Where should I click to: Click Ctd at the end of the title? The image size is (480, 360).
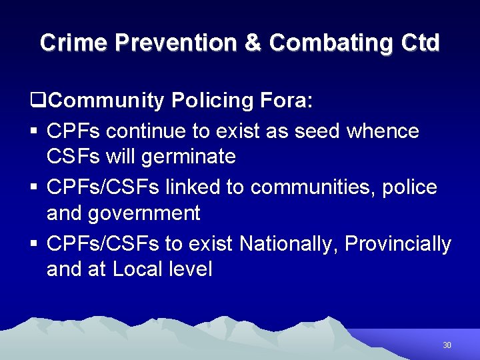coord(421,43)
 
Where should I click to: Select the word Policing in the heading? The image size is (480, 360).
coord(211,101)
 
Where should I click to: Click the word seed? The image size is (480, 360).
coord(314,131)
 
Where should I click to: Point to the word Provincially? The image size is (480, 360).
coord(399,244)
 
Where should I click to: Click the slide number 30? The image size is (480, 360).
coord(447,345)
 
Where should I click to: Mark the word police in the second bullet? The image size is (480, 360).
coord(409,187)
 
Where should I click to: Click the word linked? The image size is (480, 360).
coord(193,187)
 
